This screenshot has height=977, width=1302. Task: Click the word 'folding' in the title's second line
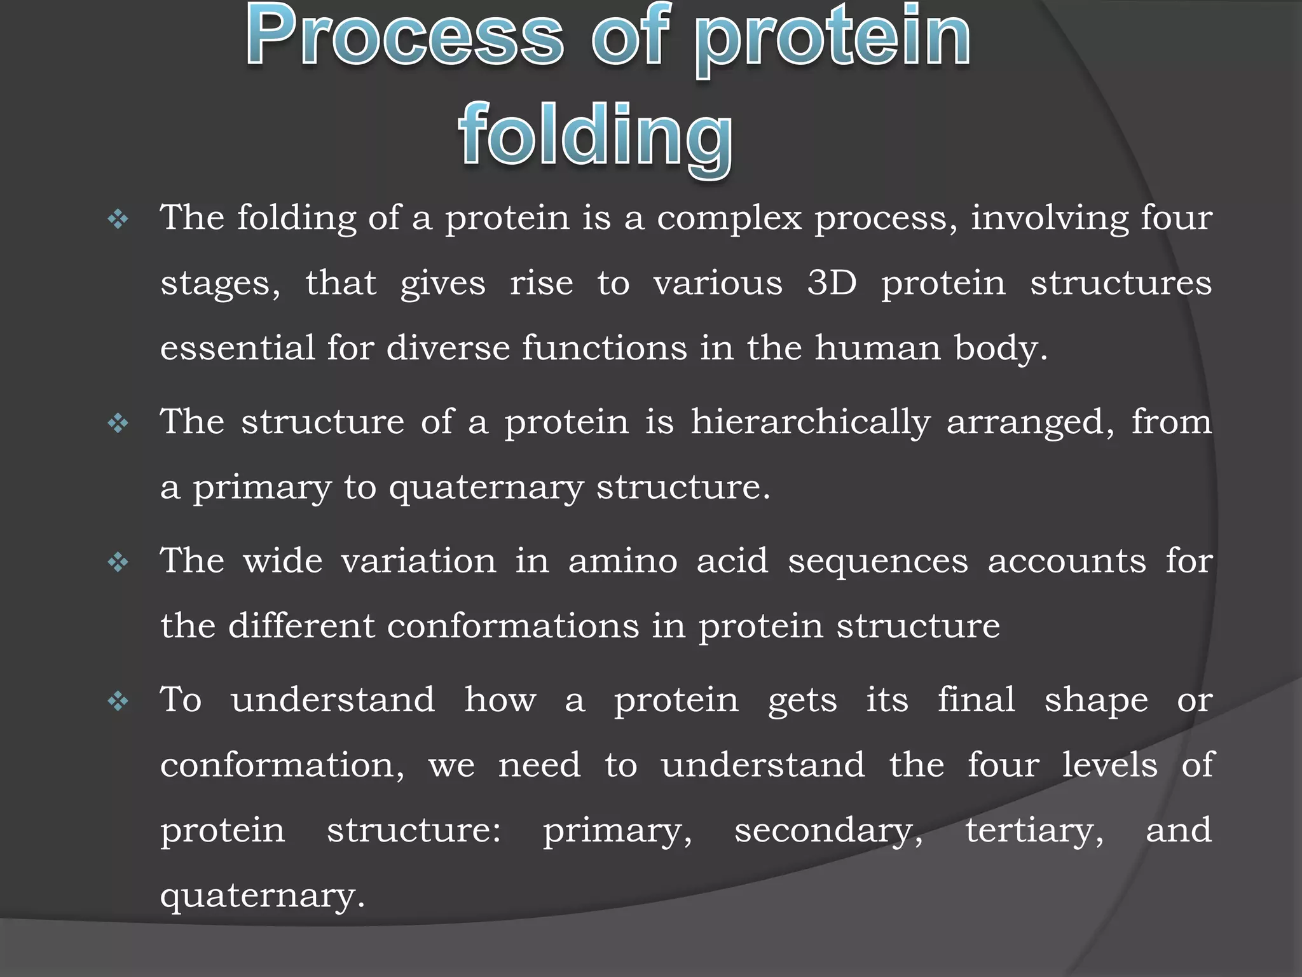coord(595,135)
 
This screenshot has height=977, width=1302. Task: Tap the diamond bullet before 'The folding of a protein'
coord(118,220)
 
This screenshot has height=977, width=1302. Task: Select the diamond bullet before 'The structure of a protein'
coord(118,423)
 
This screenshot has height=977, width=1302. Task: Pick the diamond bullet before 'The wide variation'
coord(118,562)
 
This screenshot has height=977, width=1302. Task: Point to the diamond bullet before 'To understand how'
coord(118,702)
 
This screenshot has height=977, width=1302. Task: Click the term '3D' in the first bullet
coord(832,282)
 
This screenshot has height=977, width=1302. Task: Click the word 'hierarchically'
coord(810,422)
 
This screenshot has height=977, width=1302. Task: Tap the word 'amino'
coord(622,561)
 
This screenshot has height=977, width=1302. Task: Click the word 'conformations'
coord(512,626)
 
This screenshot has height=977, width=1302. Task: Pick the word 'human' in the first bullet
coord(877,347)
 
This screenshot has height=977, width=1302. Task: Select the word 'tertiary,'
coord(1034,831)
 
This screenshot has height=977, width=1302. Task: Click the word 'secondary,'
coord(828,831)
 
